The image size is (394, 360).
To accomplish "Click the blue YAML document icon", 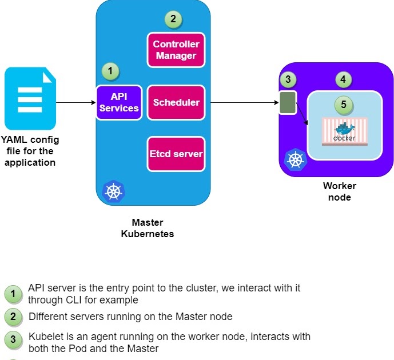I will (x=31, y=99).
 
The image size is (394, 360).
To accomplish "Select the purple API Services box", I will (x=119, y=103).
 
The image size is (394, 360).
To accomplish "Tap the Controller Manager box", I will (x=176, y=50).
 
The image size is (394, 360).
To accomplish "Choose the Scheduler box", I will (x=176, y=103).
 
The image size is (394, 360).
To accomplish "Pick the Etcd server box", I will (x=176, y=154).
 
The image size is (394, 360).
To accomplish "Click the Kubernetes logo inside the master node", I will (x=113, y=191).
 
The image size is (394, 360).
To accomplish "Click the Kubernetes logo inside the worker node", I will (x=296, y=159).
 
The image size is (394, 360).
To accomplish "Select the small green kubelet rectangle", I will (x=288, y=102).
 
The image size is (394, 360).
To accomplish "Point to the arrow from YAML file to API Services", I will (x=75, y=103).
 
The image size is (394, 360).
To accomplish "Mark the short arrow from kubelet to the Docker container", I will (x=303, y=115).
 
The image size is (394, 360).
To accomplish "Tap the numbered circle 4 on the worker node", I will (x=343, y=80).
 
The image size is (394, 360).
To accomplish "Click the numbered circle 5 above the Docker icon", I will (x=343, y=105).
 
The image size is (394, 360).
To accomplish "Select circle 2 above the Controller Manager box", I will (x=172, y=19).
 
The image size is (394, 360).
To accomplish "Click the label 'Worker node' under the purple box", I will (x=339, y=192).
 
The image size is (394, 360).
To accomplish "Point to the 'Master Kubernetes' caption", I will (x=148, y=228).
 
